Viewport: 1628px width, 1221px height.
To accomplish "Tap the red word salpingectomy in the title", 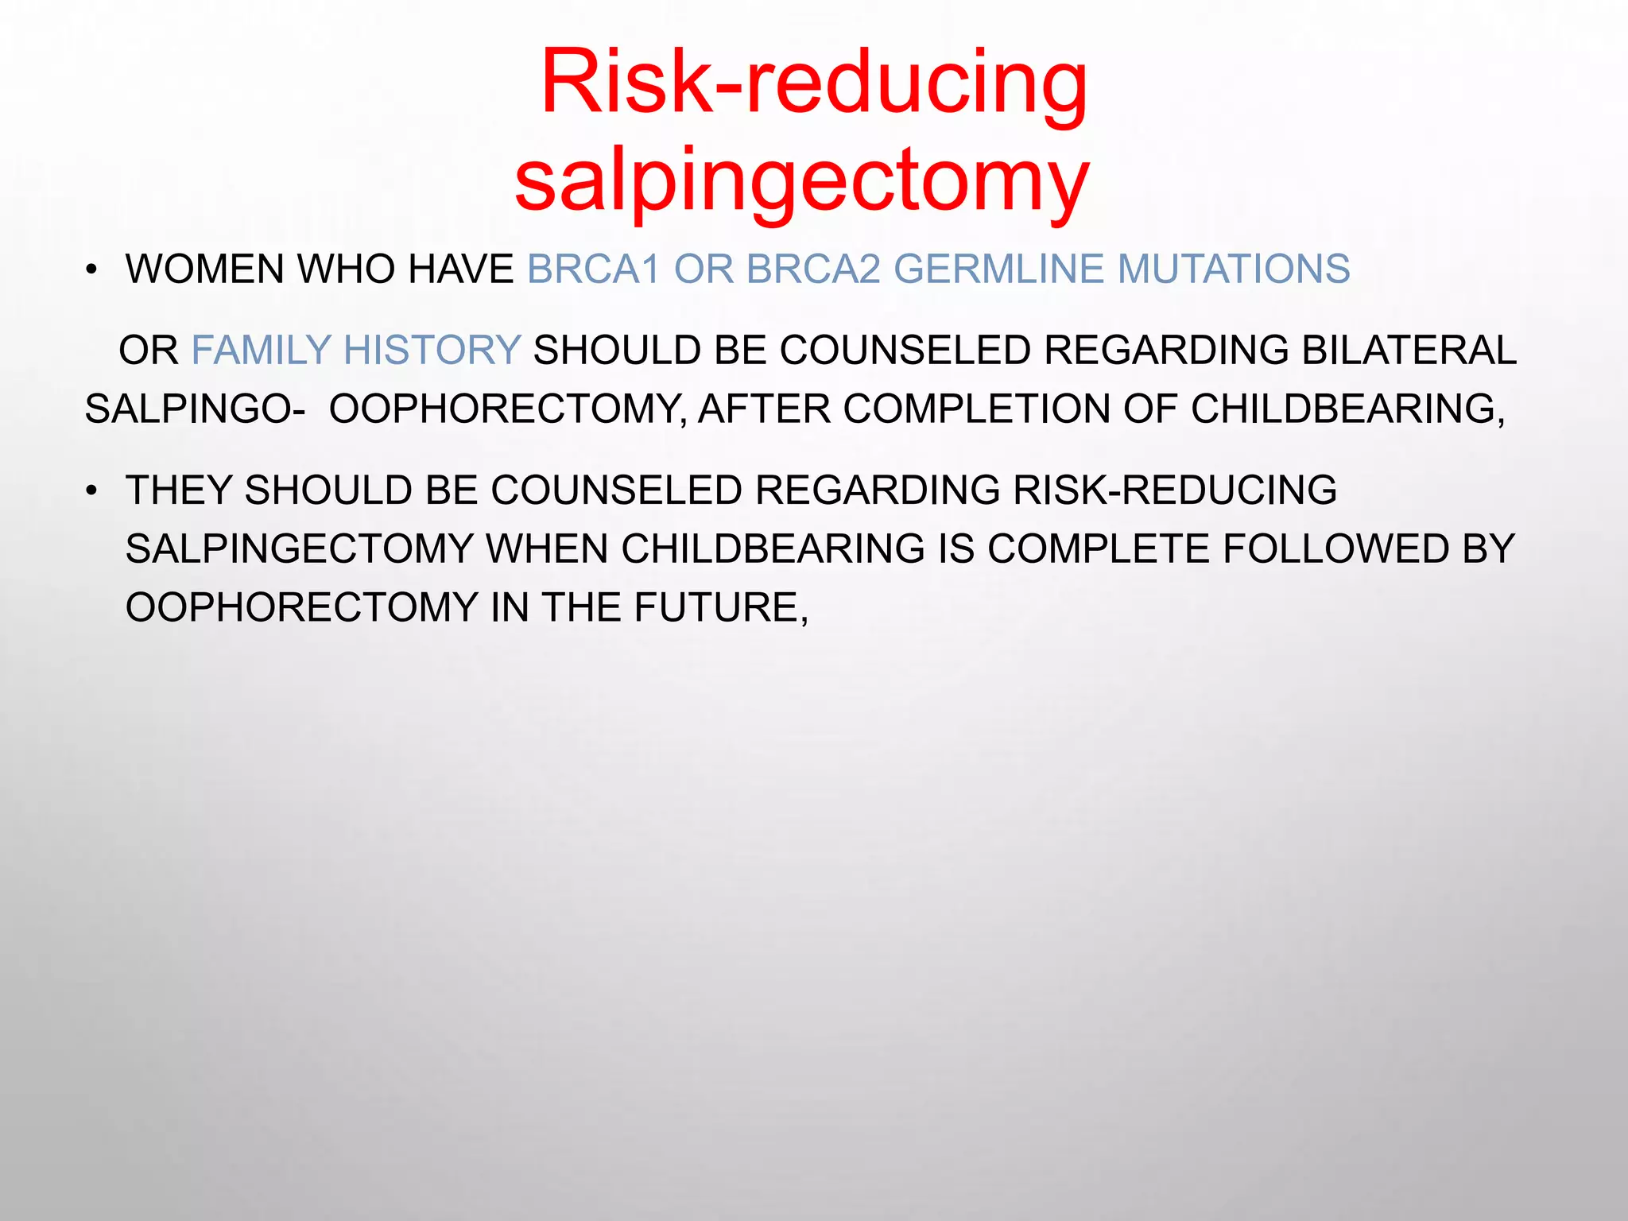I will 802,181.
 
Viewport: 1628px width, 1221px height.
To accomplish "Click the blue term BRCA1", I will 594,269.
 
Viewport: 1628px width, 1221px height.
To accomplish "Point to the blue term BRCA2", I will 814,269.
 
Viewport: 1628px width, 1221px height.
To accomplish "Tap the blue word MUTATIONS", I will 1234,269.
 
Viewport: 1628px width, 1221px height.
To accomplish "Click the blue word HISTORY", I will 432,351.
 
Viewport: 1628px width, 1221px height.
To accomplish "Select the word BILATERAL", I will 1409,351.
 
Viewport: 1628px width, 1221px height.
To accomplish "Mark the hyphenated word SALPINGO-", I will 195,409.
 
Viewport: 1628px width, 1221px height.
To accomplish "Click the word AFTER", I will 765,409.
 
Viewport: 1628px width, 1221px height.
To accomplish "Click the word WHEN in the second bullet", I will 548,549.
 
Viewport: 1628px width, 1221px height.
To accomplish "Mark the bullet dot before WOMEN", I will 92,270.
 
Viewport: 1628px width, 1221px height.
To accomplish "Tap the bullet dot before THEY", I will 92,491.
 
